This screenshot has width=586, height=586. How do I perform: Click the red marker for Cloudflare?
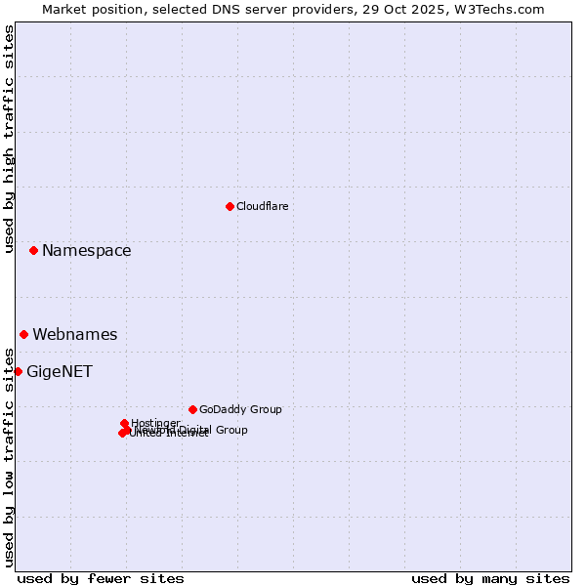230,206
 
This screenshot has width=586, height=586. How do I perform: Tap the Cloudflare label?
262,206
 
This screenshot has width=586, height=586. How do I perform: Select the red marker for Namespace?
33,250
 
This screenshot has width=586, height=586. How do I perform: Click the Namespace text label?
86,251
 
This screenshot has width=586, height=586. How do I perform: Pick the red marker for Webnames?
23,334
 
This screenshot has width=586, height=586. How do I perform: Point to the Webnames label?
74,335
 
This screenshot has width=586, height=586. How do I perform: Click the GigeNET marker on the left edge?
18,371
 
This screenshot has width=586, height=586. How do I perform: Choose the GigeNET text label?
59,372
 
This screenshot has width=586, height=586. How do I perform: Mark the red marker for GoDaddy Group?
192,409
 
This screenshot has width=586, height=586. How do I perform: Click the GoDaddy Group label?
240,409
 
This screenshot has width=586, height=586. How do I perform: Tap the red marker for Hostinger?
124,423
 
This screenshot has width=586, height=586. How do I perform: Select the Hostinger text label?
155,423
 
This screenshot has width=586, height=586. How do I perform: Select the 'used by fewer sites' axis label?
101,578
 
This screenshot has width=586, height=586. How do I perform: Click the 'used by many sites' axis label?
490,578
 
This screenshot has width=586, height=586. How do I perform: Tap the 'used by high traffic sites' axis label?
9,139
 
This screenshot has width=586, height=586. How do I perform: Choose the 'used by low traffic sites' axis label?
9,456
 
